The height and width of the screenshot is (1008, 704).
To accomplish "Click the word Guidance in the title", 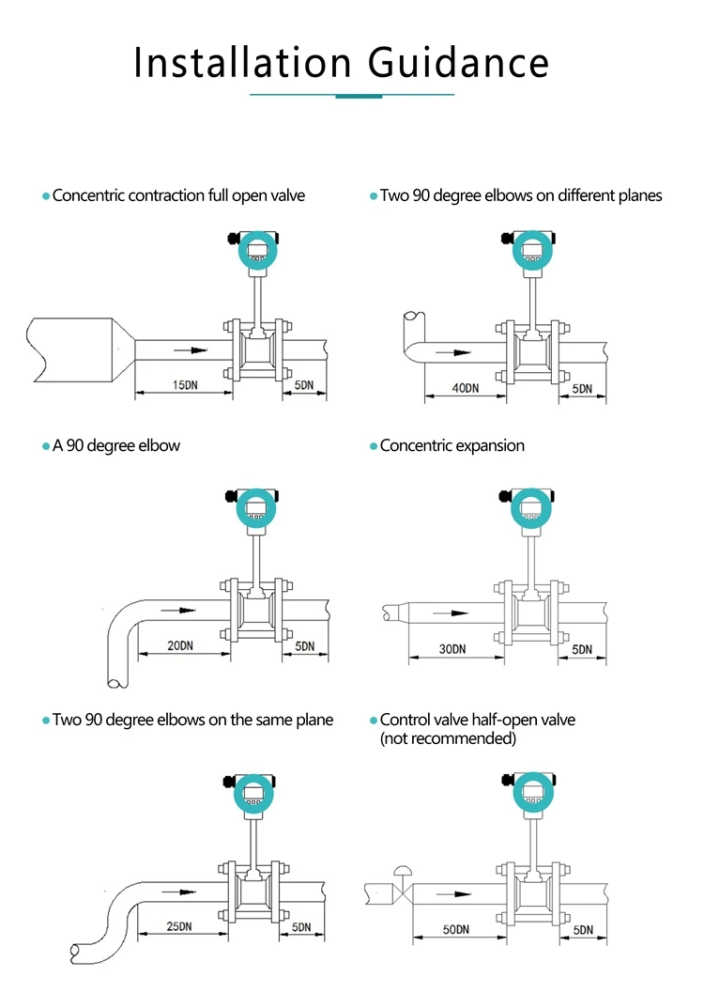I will [x=457, y=63].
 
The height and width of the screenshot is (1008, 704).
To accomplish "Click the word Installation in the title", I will [x=243, y=63].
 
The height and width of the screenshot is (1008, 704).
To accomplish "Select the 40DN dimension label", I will [x=465, y=388].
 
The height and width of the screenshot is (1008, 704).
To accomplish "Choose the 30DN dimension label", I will [x=452, y=649].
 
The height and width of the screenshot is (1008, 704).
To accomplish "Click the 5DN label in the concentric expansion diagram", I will [x=582, y=649].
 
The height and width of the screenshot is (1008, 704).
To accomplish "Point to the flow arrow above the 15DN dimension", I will [x=191, y=350].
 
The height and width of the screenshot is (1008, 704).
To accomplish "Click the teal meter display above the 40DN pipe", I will [x=532, y=250].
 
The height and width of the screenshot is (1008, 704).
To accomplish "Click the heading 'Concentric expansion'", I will [x=451, y=445].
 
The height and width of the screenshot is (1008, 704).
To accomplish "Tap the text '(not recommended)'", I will [x=448, y=738].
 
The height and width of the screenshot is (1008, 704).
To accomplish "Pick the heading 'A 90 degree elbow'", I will [x=115, y=445].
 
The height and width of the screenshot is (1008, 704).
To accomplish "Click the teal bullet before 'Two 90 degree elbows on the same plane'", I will [x=45, y=721].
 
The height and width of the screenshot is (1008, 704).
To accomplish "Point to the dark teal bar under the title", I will [x=359, y=96].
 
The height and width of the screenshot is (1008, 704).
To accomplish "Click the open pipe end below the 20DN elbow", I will [x=114, y=678].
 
